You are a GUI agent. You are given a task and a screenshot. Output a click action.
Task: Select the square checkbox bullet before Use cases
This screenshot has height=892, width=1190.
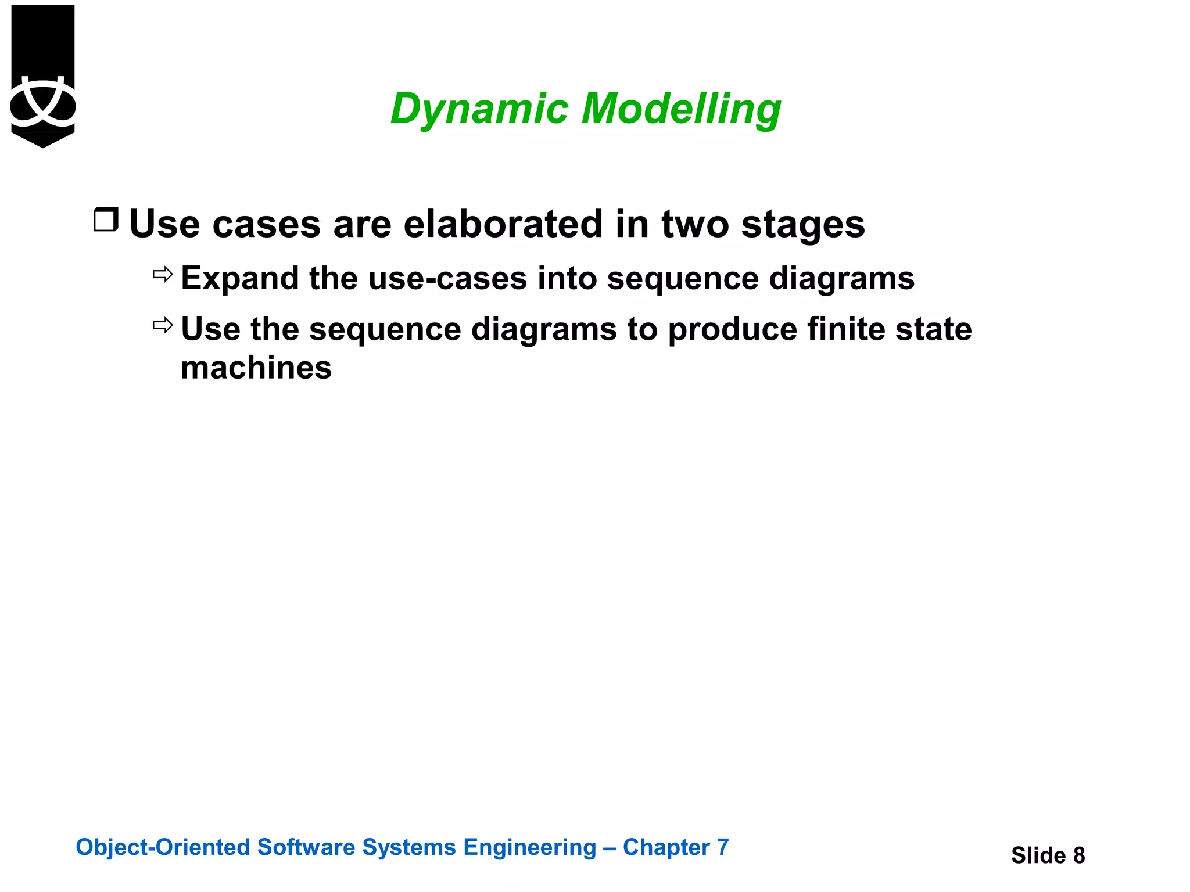106,220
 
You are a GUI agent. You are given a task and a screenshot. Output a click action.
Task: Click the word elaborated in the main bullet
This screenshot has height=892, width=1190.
503,224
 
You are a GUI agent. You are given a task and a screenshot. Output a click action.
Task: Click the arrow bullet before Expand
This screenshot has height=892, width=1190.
163,274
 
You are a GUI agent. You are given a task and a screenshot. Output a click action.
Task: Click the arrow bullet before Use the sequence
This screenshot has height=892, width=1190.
163,325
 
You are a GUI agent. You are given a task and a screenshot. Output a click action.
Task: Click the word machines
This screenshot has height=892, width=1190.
256,368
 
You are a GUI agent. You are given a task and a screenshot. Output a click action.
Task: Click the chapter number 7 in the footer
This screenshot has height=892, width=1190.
722,847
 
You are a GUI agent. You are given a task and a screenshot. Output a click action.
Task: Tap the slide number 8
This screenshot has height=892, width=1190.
1078,855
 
